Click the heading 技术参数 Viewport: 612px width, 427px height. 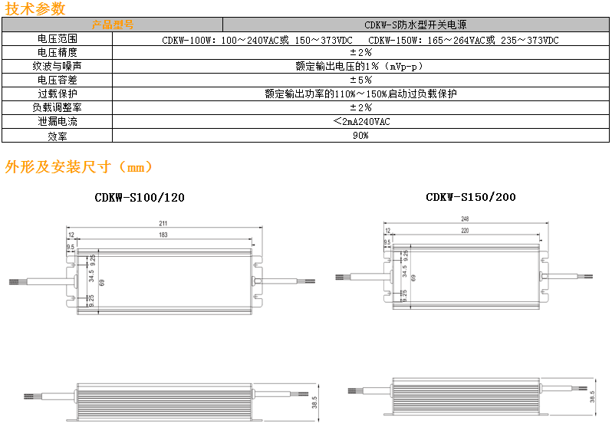coord(35,9)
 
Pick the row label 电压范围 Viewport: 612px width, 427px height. coord(57,39)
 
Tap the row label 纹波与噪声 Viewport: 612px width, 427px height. coord(57,67)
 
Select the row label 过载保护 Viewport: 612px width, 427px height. coord(57,94)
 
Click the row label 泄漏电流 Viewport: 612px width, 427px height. coord(57,122)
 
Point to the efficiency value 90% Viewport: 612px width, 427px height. coord(360,136)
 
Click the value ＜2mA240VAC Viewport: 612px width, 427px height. coord(361,122)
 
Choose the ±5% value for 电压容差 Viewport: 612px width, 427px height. coord(360,80)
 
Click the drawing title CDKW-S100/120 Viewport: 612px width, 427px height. coord(140,198)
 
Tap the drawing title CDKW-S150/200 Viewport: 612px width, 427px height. coord(471,198)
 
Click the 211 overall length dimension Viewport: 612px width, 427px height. coord(163,224)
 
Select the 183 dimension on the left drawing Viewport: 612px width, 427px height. coord(163,235)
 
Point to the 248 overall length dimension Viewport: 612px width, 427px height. coord(465,219)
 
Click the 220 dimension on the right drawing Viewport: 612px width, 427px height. coord(465,230)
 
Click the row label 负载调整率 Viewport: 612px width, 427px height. coord(57,108)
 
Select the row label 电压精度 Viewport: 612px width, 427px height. coord(57,53)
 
